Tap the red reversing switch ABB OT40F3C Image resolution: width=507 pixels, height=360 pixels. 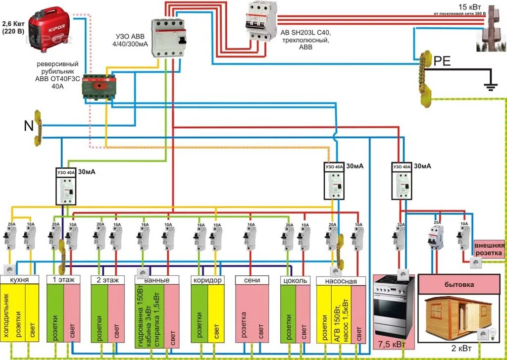coord(100,87)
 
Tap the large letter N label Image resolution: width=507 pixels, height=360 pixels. coord(29,126)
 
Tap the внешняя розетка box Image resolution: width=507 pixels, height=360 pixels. coord(489,250)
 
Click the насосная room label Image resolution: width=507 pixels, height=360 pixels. coord(341,281)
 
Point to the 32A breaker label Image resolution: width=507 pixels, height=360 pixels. coord(400,224)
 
